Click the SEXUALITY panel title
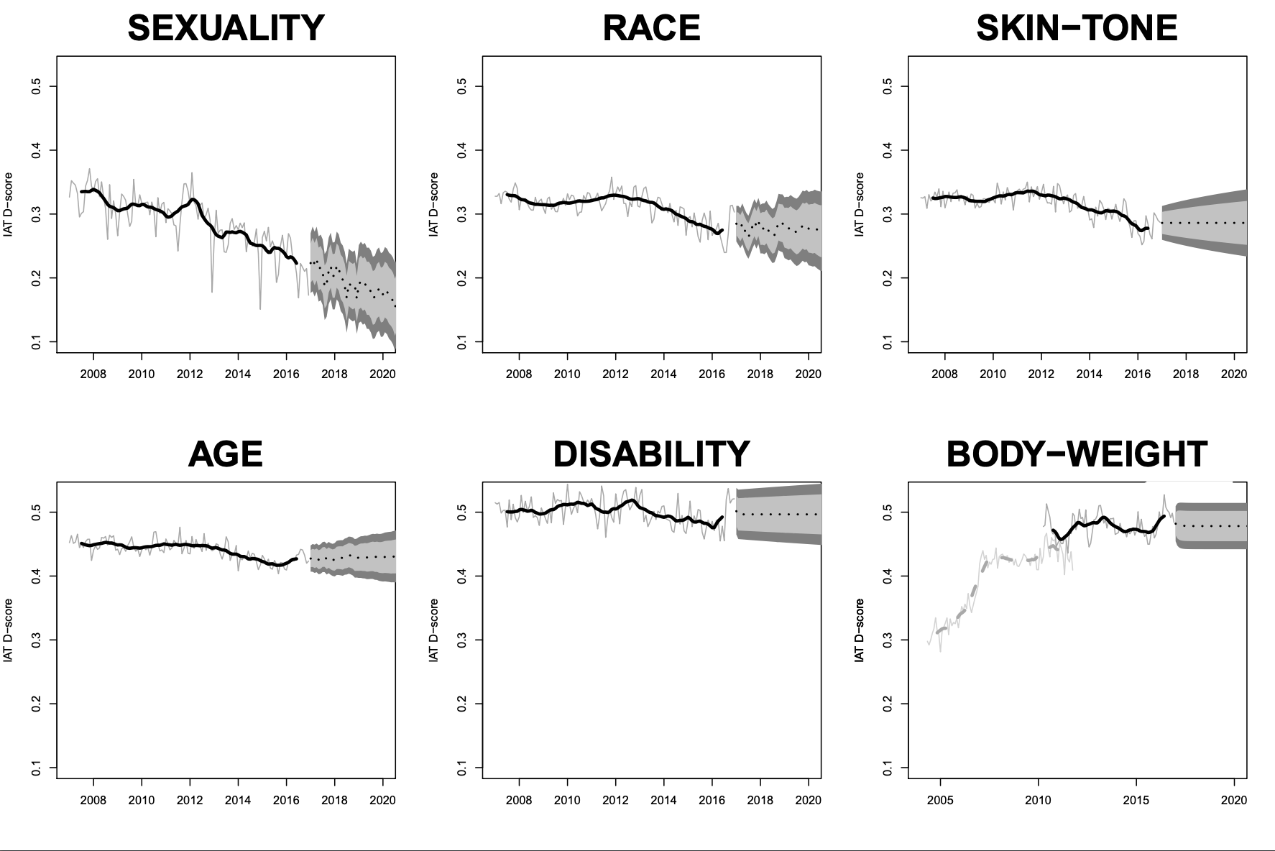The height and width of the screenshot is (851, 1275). (226, 29)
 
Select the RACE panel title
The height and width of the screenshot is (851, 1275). (651, 29)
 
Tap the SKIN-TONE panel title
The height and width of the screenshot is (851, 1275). (1077, 29)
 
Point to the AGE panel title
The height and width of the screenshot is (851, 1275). (226, 454)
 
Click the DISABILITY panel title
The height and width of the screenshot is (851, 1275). (651, 454)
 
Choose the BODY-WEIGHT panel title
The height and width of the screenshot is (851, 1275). (1077, 454)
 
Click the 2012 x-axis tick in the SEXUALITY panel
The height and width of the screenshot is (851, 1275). (190, 374)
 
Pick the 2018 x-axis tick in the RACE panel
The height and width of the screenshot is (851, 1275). (760, 374)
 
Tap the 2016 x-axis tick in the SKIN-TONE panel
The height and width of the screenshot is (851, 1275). (1138, 374)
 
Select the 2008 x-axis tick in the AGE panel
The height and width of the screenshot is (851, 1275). (93, 799)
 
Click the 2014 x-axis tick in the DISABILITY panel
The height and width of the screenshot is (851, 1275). (664, 799)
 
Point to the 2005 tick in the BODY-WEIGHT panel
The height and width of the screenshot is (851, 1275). (940, 799)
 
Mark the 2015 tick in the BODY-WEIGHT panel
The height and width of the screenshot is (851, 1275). (1136, 799)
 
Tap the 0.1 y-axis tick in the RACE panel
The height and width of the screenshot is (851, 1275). (461, 341)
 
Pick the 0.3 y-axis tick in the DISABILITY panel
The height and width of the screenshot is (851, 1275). (461, 640)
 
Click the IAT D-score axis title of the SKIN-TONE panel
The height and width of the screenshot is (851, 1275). (860, 205)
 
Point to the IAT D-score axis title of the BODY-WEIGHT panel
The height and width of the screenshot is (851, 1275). (860, 630)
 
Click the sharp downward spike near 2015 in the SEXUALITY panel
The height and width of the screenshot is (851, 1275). (260, 308)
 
